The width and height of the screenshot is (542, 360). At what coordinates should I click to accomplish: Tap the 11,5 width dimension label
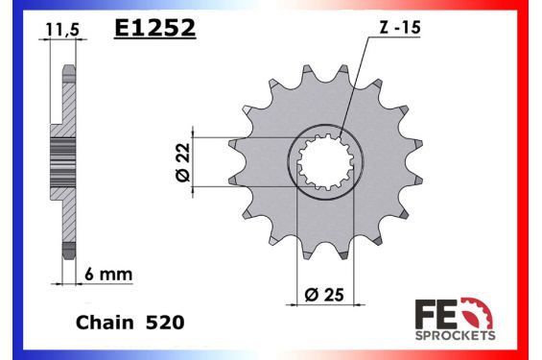59,30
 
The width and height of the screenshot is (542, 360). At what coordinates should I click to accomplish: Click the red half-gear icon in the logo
478,313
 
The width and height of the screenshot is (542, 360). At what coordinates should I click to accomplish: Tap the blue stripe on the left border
8,180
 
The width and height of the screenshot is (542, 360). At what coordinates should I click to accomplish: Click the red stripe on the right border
533,180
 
